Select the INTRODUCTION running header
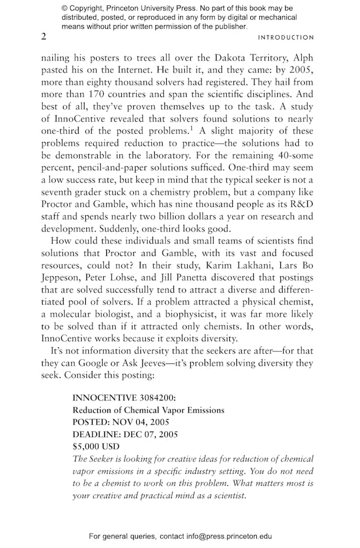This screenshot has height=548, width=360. click(286, 38)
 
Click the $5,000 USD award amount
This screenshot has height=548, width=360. click(96, 446)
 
